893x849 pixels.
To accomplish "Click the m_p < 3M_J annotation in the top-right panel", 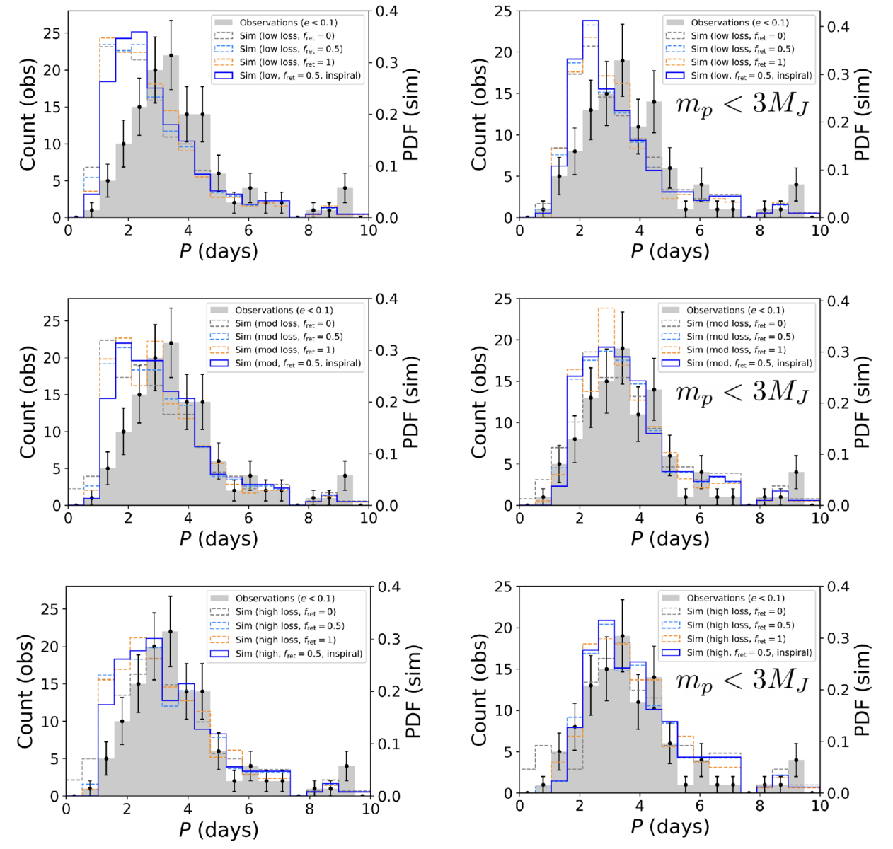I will tap(742, 105).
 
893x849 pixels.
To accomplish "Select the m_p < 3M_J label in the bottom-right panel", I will tap(742, 681).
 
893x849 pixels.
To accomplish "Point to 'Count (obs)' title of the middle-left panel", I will tap(28, 402).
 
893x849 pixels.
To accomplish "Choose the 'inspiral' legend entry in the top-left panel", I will tap(300, 76).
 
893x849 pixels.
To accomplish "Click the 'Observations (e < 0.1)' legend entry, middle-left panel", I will tap(284, 310).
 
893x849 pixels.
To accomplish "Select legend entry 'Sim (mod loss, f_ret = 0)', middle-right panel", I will tap(736, 323).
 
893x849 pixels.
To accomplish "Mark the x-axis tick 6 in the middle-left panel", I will tap(248, 518).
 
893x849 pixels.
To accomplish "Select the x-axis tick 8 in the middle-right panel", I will tap(760, 518).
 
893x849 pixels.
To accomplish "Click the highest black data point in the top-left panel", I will tap(171, 55).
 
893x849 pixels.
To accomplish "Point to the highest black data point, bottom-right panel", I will tap(622, 636).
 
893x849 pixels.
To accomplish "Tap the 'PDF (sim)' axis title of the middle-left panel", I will tap(410, 402).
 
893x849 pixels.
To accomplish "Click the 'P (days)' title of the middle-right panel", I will tap(669, 538).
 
